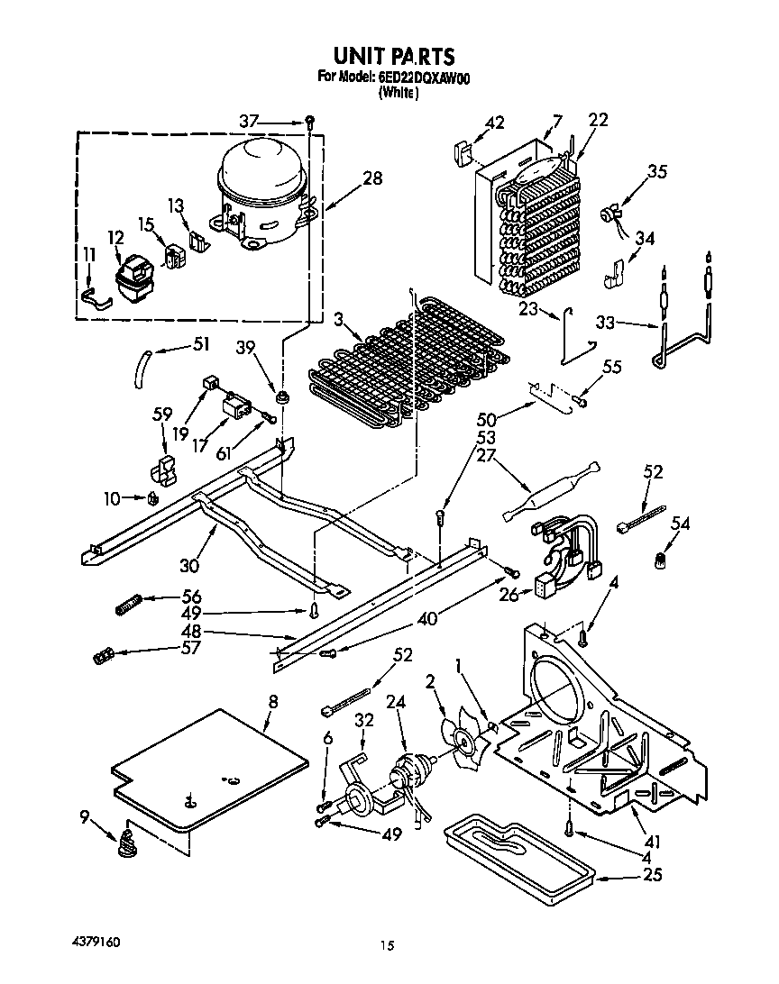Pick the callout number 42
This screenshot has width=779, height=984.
pos(495,123)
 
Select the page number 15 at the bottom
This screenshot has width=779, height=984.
pos(387,946)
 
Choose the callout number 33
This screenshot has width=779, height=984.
pos(608,322)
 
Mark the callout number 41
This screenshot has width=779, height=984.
pos(653,842)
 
